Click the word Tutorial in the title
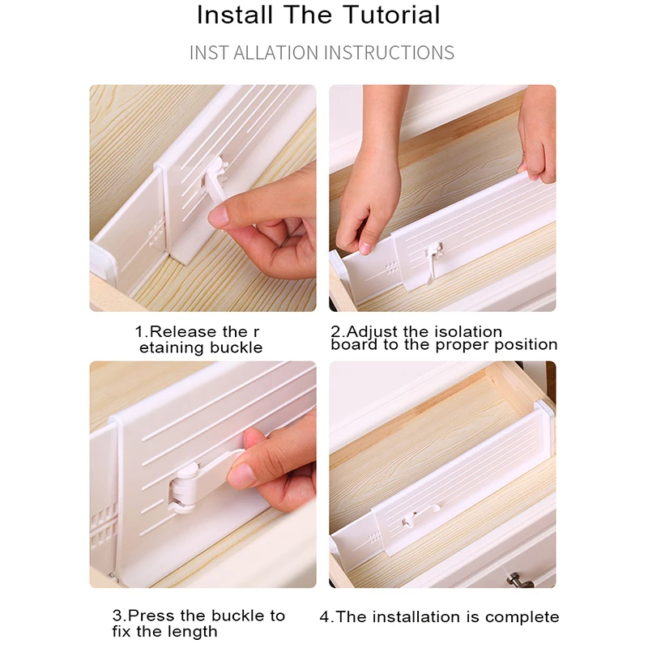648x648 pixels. pos(392,15)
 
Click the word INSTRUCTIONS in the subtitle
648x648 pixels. pos(390,53)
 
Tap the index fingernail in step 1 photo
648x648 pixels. pos(218,216)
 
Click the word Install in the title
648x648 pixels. pos(235,15)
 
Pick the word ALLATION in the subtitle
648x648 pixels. pos(277,53)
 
